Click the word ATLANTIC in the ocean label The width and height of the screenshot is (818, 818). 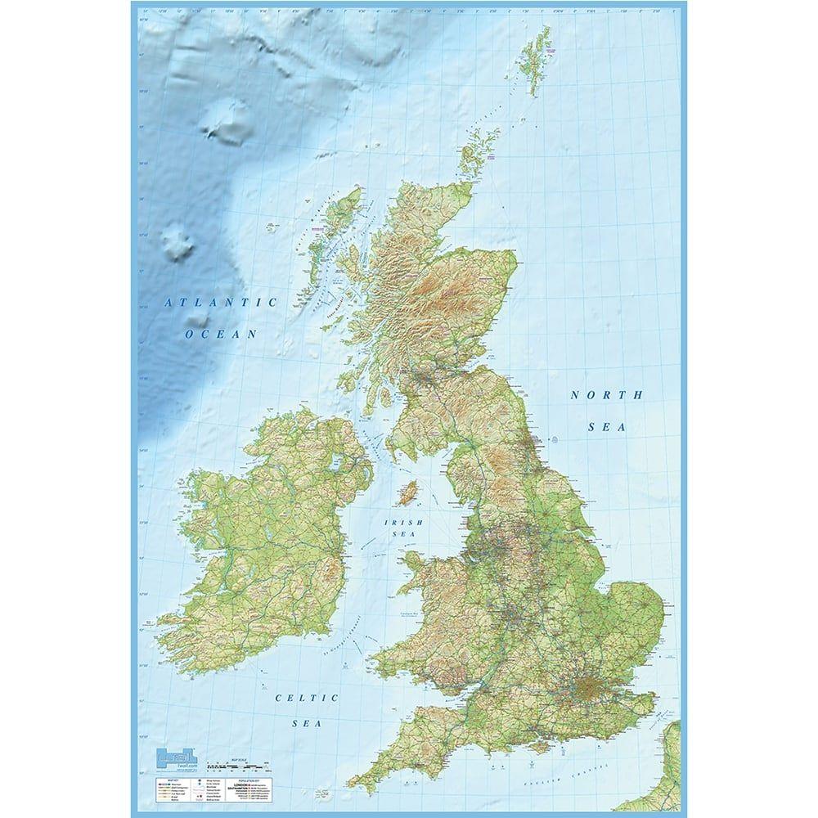(x=222, y=303)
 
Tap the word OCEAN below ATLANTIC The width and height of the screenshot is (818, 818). (x=221, y=334)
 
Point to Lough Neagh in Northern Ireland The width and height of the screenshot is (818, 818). (x=335, y=466)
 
